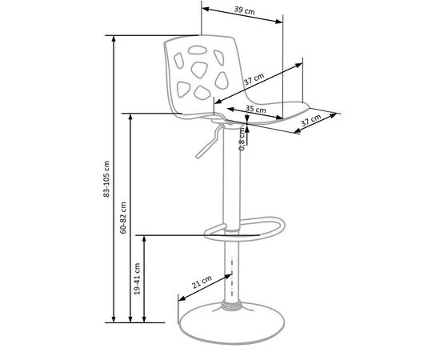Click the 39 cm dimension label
[245, 10]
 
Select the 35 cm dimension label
[255, 109]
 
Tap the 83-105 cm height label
[106, 178]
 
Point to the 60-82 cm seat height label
[123, 218]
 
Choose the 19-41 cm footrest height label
[138, 278]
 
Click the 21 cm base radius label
[202, 282]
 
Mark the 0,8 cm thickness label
[242, 139]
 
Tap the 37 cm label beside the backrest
[254, 79]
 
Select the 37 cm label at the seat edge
[311, 120]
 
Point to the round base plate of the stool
[231, 322]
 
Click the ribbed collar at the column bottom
[231, 305]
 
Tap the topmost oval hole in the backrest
[198, 50]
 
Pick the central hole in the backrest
[199, 70]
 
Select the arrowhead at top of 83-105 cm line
[114, 39]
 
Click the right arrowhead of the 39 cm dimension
[279, 22]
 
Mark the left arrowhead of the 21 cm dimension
[182, 298]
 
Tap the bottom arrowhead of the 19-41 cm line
[144, 318]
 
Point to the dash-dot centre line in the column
[232, 277]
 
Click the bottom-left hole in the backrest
[183, 90]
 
